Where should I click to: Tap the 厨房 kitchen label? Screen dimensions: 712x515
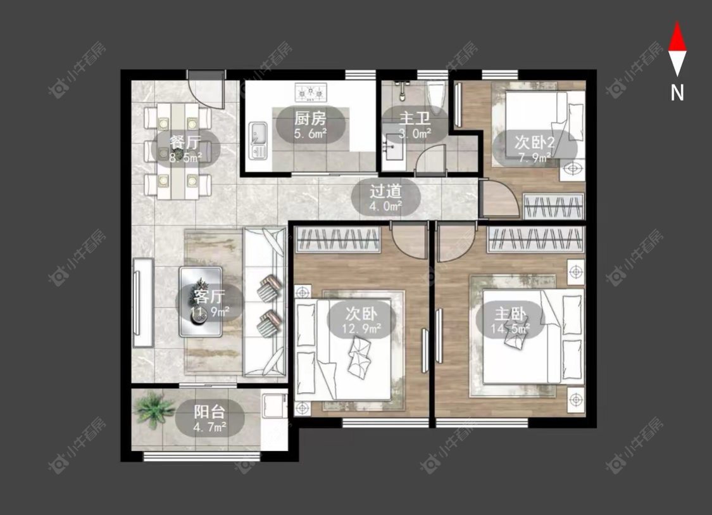coord(310,118)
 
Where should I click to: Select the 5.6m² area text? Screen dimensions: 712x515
coord(311,134)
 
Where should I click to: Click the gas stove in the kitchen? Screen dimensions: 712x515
coord(311,92)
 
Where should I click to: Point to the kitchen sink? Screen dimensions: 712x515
coord(258,141)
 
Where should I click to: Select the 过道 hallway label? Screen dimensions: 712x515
coord(385,191)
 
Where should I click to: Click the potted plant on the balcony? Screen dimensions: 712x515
coord(155,409)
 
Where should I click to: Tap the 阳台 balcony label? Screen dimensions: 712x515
coord(209,412)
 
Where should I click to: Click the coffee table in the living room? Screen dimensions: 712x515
coord(200,302)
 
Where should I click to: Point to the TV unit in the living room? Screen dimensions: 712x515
coord(143,303)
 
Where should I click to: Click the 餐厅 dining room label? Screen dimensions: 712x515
coord(185,143)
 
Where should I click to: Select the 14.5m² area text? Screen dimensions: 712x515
coord(510,328)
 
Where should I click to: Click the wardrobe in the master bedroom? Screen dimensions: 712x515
coord(535,239)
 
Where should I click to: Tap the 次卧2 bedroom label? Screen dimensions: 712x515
coord(534,143)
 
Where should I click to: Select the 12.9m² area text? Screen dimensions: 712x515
coord(361,328)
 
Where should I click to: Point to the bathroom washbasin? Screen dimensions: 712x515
coord(394,147)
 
